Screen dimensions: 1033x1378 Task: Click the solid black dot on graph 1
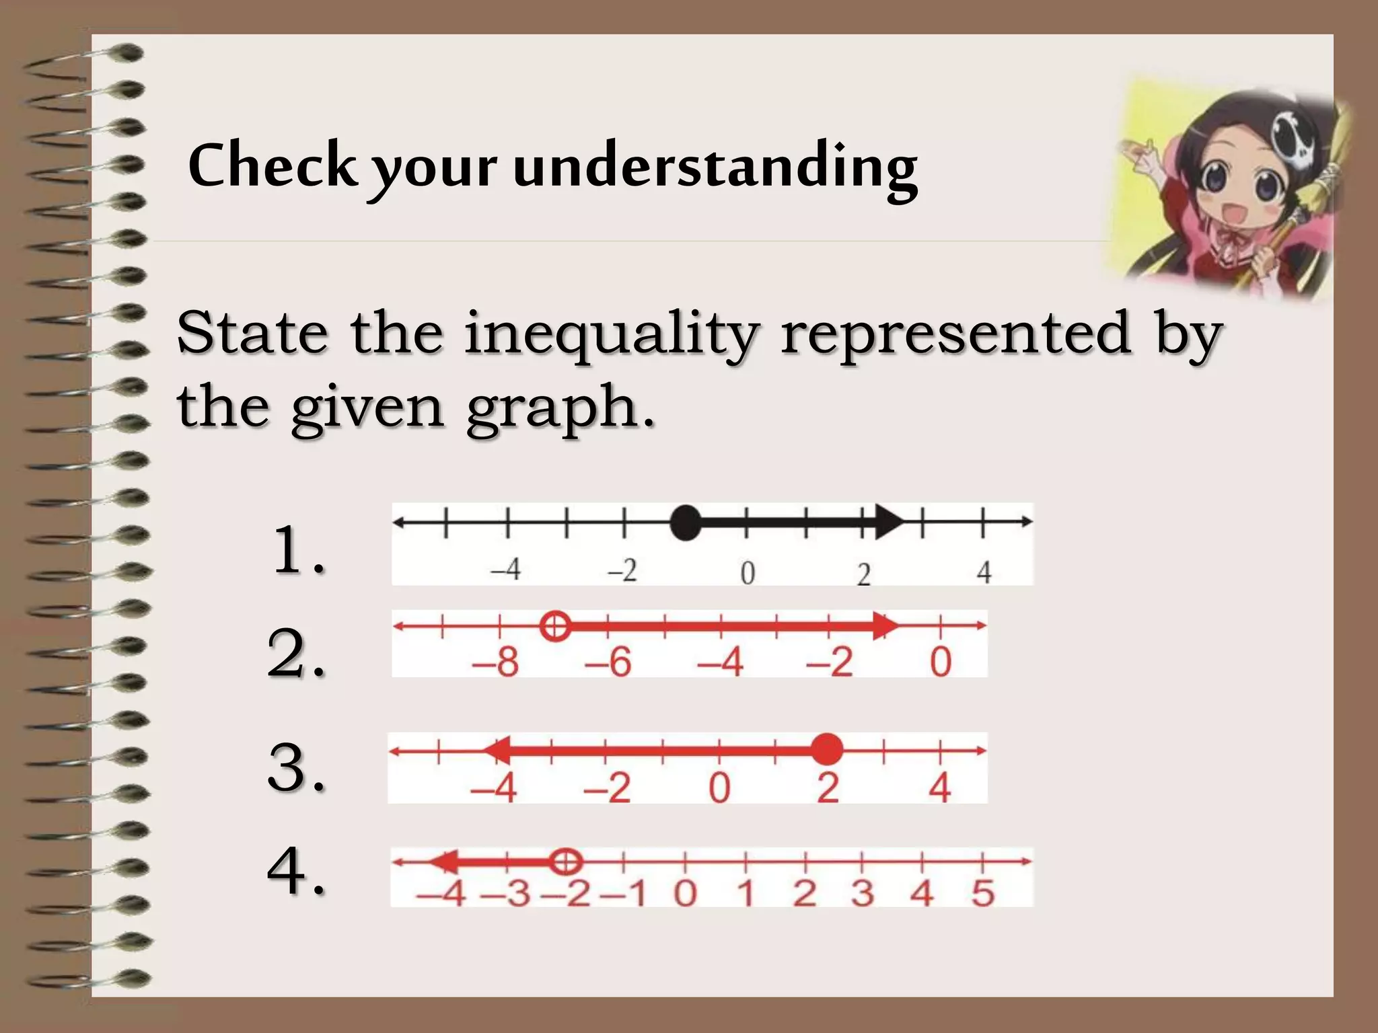pyautogui.click(x=686, y=523)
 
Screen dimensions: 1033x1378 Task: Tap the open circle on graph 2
pyautogui.click(x=555, y=627)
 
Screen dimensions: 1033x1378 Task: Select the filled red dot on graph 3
pyautogui.click(x=827, y=749)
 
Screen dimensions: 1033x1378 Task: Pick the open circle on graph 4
pyautogui.click(x=565, y=862)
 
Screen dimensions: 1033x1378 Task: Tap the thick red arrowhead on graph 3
pyautogui.click(x=498, y=749)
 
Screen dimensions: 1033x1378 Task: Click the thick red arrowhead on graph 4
pyautogui.click(x=445, y=862)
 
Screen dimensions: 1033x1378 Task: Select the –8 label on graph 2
pyautogui.click(x=496, y=662)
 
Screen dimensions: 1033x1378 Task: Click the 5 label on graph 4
pyautogui.click(x=982, y=894)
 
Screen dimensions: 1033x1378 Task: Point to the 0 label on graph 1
pyautogui.click(x=748, y=573)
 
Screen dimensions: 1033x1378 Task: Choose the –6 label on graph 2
pyautogui.click(x=609, y=662)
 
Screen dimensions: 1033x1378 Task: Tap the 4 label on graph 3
pyautogui.click(x=939, y=788)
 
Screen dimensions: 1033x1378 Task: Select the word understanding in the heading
pyautogui.click(x=715, y=168)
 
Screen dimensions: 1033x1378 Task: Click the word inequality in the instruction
pyautogui.click(x=612, y=334)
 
